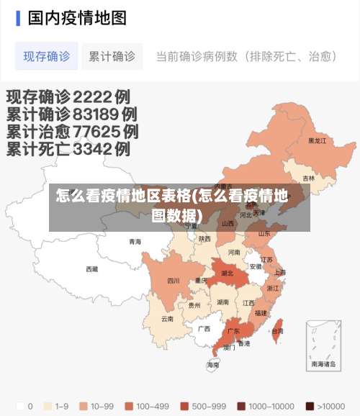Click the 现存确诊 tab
click(x=47, y=56)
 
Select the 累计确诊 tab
click(x=112, y=56)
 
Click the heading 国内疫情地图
click(x=77, y=17)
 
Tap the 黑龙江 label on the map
click(x=317, y=141)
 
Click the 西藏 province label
click(x=92, y=269)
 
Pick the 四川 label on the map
click(x=174, y=281)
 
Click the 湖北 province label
click(x=228, y=273)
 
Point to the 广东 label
click(x=233, y=332)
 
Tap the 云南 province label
click(x=167, y=318)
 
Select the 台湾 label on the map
click(x=277, y=331)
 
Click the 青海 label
click(x=135, y=242)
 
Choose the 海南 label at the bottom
click(x=213, y=366)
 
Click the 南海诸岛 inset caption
click(x=323, y=365)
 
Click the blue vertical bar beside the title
click(x=18, y=17)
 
